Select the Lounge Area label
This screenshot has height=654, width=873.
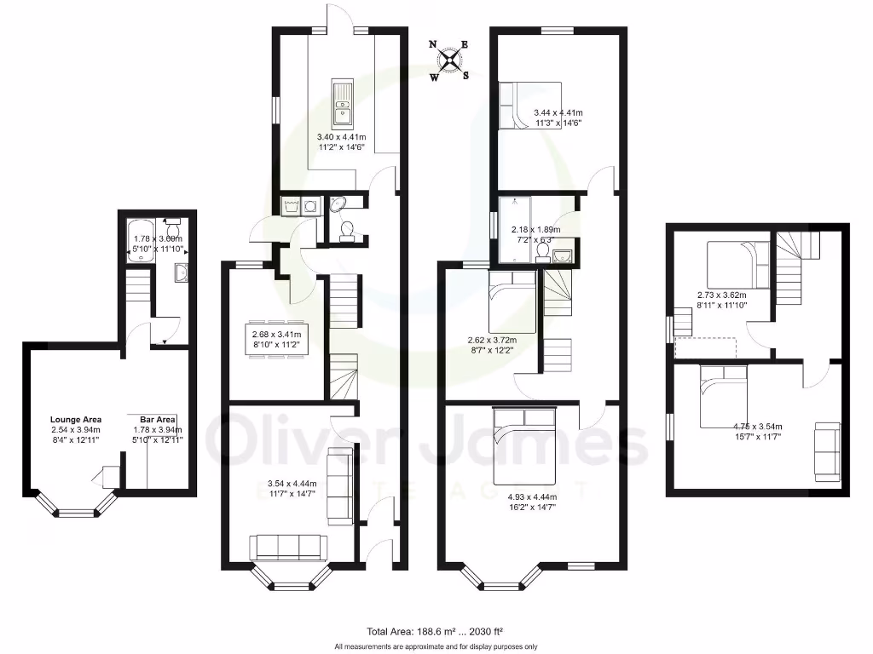(x=76, y=420)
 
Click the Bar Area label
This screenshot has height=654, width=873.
(x=158, y=420)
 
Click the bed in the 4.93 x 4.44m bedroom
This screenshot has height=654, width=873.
(x=524, y=442)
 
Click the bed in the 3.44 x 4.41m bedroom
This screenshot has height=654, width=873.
(x=529, y=104)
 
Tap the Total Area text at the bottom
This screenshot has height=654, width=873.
(x=435, y=631)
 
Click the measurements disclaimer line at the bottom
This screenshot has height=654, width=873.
(x=436, y=646)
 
